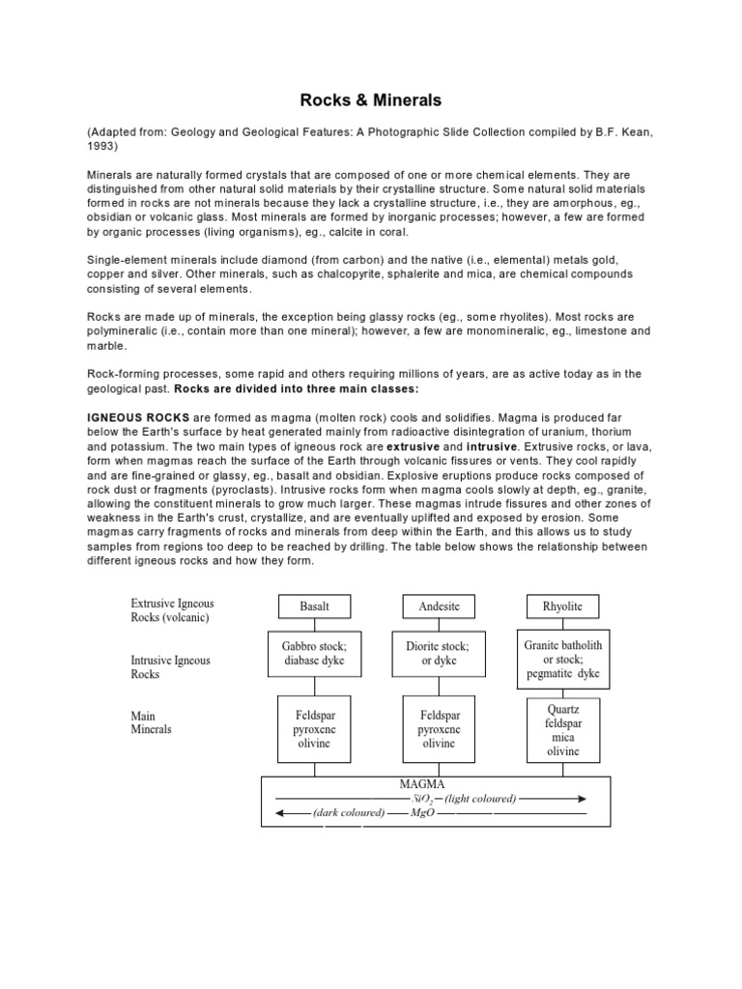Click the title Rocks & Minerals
click(x=371, y=99)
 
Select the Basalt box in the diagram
click(x=315, y=607)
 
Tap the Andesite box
click(x=440, y=607)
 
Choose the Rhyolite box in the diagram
click(x=563, y=607)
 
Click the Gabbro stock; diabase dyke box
click(x=315, y=654)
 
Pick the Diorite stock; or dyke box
click(x=440, y=654)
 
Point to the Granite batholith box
click(x=563, y=658)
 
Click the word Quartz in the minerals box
click(x=563, y=709)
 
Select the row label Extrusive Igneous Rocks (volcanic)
click(x=173, y=610)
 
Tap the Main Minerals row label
click(x=152, y=723)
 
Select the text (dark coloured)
click(x=348, y=813)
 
